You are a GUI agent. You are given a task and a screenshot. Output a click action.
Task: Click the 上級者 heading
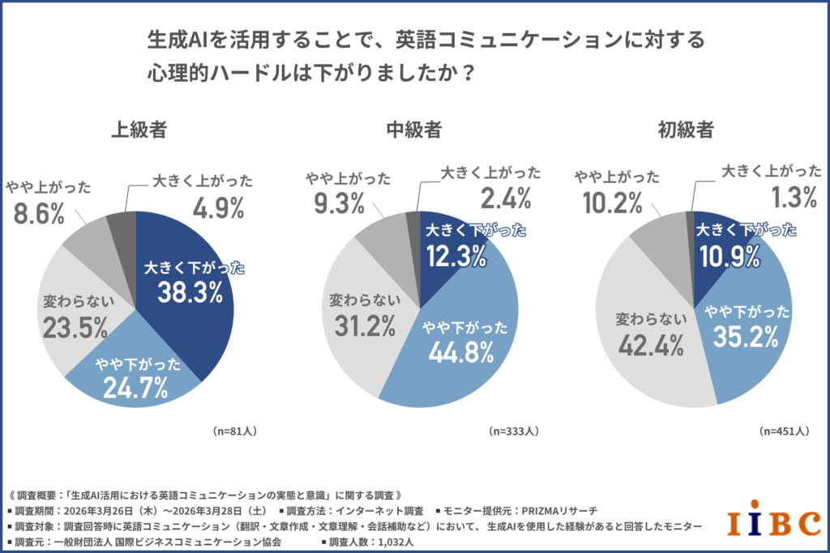click(x=139, y=129)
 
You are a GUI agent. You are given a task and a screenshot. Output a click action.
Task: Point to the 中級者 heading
click(x=414, y=129)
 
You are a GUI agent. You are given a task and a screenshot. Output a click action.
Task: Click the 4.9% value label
click(x=218, y=209)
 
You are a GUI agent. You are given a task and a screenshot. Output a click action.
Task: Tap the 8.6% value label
click(x=37, y=213)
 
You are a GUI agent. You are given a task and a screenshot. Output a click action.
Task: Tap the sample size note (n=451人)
click(x=785, y=431)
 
